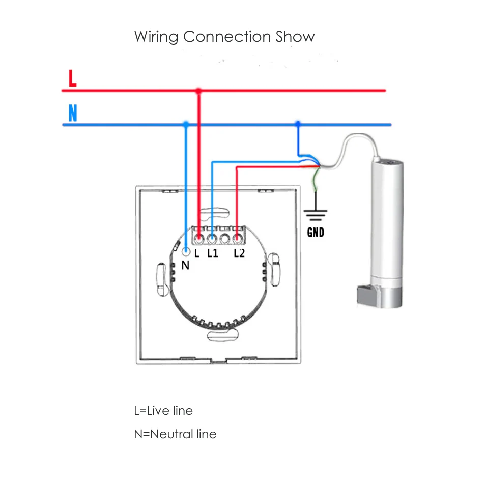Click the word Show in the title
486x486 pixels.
point(295,37)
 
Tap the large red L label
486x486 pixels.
point(72,78)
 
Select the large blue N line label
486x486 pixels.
point(72,113)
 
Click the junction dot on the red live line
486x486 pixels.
point(198,91)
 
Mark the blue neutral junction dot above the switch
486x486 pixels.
point(186,124)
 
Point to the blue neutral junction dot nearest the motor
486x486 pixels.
point(297,124)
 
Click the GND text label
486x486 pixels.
point(316,233)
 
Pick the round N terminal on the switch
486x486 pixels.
point(186,252)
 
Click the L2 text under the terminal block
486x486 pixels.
point(239,253)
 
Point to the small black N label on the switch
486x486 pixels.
point(185,265)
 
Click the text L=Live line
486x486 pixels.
point(163,410)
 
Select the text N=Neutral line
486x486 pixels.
point(175,434)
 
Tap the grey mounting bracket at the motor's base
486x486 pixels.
point(366,295)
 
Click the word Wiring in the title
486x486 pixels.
point(156,37)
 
